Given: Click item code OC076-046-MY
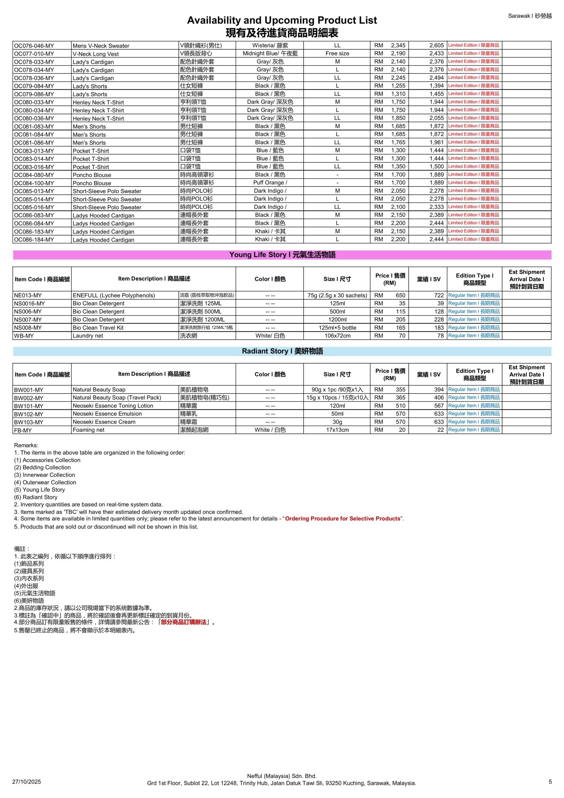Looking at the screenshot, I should click(34, 46).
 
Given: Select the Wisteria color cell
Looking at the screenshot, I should click(270, 46).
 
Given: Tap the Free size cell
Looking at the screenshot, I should click(337, 54).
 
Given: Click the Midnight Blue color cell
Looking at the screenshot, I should click(270, 54).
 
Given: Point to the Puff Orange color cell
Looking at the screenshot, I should click(270, 183).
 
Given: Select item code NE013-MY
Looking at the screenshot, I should click(28, 296).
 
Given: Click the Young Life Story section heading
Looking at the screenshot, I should click(282, 255).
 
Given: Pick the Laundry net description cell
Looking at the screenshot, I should click(88, 336).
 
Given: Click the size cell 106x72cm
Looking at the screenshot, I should click(337, 336).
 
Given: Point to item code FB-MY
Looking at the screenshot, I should click(23, 430).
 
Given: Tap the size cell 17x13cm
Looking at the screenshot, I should click(337, 430).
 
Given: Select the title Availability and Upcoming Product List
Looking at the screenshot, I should click(282, 20).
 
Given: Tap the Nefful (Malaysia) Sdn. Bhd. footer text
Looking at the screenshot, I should click(282, 776).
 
